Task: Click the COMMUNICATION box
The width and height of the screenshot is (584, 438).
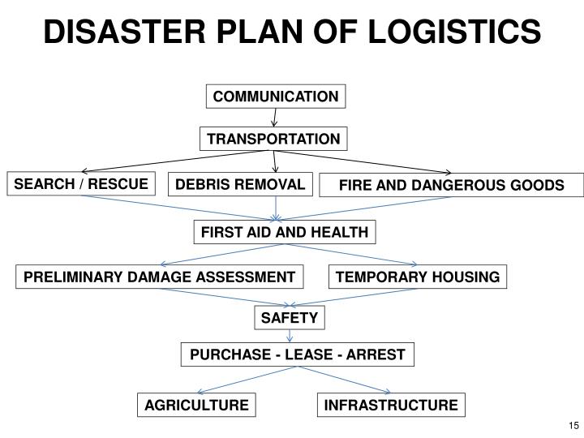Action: coord(276,97)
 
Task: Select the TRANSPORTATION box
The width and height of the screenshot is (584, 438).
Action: coord(273,139)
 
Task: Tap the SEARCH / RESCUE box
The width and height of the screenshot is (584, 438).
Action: coord(80,184)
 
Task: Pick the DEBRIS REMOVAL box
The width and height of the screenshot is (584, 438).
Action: coord(239,185)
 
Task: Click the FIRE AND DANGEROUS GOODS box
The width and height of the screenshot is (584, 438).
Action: coord(451,185)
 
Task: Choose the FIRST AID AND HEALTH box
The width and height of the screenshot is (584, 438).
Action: coord(285,233)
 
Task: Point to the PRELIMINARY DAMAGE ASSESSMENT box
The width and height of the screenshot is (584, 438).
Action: coord(159,277)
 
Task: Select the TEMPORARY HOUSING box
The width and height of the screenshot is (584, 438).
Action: coord(418,277)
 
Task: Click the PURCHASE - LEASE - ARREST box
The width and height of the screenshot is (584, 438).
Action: coord(297,354)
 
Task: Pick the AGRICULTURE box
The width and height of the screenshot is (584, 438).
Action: coord(196,404)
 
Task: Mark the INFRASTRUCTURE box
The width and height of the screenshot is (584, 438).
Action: coord(391,404)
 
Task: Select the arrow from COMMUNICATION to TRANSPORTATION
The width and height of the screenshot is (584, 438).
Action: coord(275,118)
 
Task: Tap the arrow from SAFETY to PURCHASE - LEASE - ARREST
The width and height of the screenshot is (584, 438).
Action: coord(291,337)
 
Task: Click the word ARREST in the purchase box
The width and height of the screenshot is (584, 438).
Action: coord(380,354)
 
